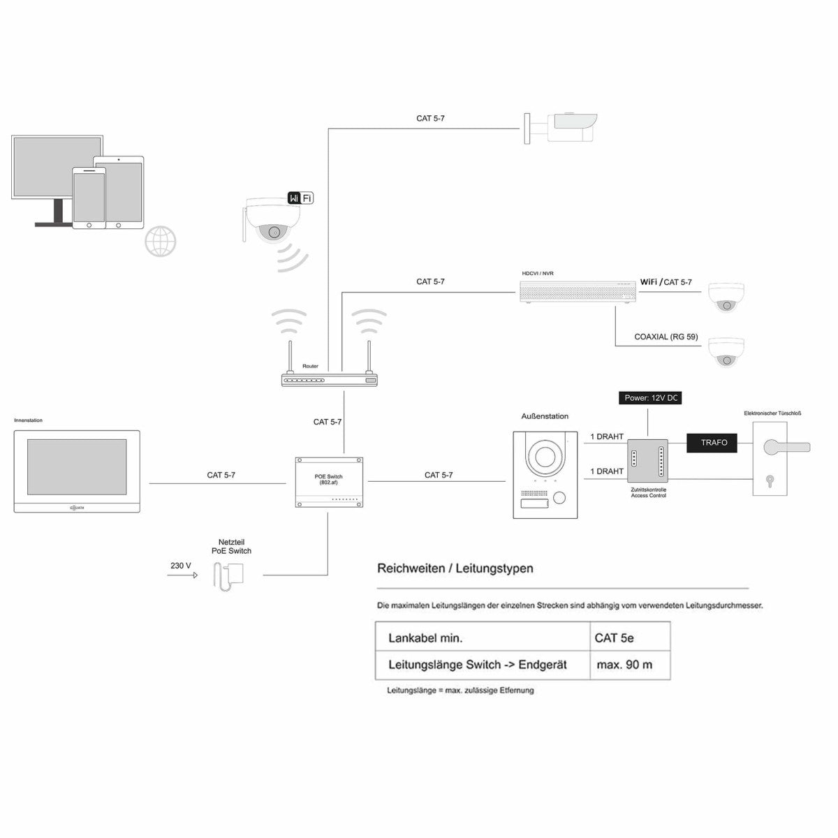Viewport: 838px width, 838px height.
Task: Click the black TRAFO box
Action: coord(713,443)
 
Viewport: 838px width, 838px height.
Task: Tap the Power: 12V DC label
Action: coord(650,398)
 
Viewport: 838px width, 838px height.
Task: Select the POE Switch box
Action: coord(328,482)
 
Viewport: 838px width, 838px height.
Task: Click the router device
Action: coord(329,380)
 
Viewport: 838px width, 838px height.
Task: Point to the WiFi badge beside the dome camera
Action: coord(300,198)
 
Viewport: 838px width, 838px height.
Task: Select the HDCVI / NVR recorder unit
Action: coord(578,291)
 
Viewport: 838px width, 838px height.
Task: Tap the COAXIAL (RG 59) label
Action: coord(666,337)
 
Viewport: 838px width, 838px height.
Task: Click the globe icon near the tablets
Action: coord(160,242)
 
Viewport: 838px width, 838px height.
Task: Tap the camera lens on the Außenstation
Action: coord(545,458)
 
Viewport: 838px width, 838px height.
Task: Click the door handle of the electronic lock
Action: coord(786,447)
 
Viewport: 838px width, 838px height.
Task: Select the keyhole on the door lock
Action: coord(770,480)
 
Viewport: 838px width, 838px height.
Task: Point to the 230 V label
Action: coord(180,566)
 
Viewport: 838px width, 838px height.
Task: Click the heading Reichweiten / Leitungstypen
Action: coord(455,568)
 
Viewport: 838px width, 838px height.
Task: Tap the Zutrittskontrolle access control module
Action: coord(647,461)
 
